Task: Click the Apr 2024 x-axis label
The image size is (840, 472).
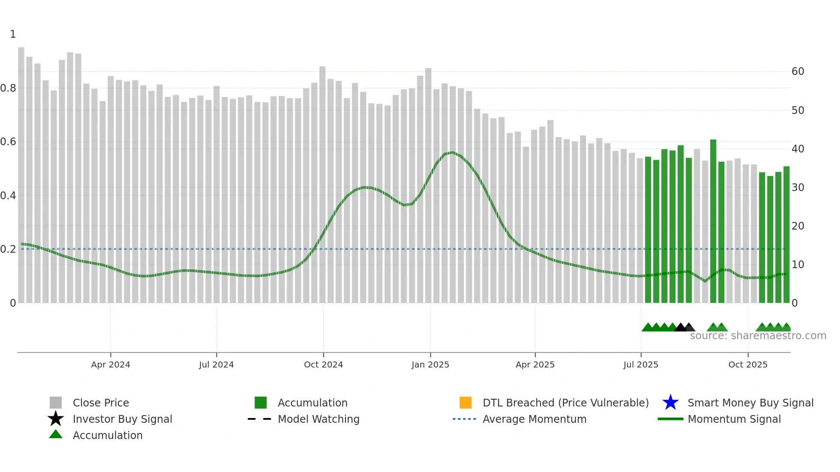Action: tap(111, 364)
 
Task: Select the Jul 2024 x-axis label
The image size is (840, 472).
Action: tap(216, 364)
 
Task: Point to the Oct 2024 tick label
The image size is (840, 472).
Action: tap(324, 364)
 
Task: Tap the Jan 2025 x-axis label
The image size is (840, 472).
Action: tap(430, 364)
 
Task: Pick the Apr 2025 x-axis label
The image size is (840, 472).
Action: tap(535, 364)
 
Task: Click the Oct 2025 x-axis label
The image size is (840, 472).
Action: tap(748, 364)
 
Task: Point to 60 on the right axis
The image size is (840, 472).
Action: tap(798, 72)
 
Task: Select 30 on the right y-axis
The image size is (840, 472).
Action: tap(798, 188)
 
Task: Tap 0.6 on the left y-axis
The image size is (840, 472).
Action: tap(8, 142)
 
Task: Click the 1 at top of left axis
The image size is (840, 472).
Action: tap(13, 34)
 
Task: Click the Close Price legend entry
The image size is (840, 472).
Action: tap(101, 403)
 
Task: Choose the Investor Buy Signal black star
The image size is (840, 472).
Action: tap(56, 419)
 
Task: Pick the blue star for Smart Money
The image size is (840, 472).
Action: tap(670, 403)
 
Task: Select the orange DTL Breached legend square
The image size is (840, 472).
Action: tap(465, 403)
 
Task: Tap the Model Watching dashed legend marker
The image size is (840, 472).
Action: tap(259, 419)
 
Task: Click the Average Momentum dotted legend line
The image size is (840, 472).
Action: tap(464, 419)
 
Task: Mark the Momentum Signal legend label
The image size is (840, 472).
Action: tap(734, 419)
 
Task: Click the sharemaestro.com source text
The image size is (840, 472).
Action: tap(758, 336)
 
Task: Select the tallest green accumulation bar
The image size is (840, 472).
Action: tap(713, 221)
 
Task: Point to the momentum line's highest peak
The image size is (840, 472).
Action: tap(453, 152)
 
